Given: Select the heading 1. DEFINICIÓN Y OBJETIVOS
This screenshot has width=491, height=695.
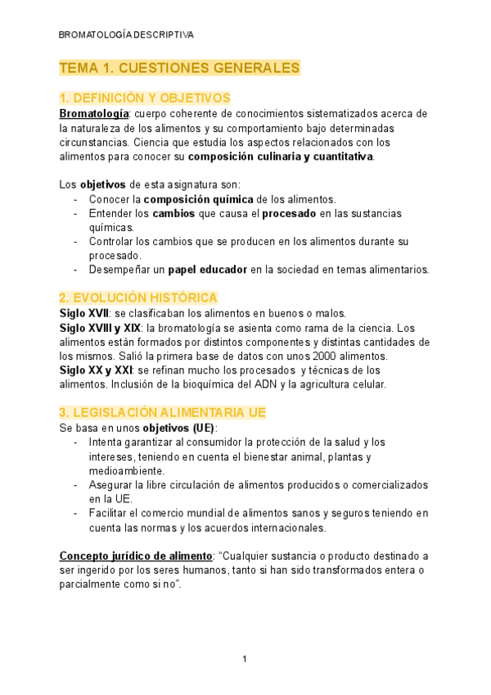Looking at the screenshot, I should pos(145,98).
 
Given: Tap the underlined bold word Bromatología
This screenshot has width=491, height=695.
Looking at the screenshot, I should pos(94,114).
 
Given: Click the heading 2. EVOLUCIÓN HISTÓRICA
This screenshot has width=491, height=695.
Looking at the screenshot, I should pos(138,298).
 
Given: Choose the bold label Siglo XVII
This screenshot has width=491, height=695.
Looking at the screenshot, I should pos(84,313).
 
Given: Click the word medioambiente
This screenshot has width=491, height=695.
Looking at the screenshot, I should pos(125,470).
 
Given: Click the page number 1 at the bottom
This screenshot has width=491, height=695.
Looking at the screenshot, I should pos(244,660).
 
